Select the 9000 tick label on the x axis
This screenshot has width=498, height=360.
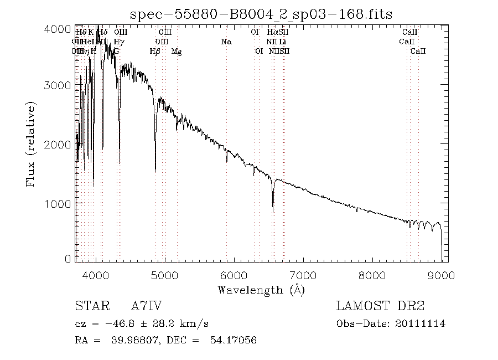(x=440, y=275)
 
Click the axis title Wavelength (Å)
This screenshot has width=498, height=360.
(x=261, y=290)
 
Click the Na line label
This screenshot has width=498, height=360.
(x=226, y=42)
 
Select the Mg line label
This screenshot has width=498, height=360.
(x=177, y=51)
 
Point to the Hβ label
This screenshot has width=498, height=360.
(x=155, y=51)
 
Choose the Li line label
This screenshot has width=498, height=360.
(x=283, y=42)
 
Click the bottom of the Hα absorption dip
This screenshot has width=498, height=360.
(x=273, y=210)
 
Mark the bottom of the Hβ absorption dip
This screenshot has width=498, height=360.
(x=155, y=172)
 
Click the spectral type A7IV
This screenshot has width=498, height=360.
(x=147, y=306)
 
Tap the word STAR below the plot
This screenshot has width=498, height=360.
(x=89, y=306)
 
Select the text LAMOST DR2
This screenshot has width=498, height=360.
(x=380, y=306)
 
